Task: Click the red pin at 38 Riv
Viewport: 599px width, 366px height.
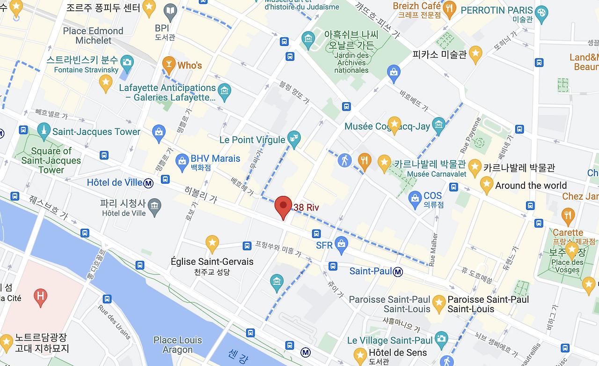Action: coord(283,206)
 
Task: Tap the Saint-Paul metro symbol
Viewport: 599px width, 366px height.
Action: coord(398,271)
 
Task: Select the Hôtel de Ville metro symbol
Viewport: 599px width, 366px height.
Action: coord(149,183)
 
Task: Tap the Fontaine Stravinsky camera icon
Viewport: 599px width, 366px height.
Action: coord(127,62)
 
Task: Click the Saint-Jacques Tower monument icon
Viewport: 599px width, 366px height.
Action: coord(44,131)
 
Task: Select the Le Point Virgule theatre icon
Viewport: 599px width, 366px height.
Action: coord(294,139)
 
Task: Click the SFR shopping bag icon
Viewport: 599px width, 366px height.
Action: coord(341,245)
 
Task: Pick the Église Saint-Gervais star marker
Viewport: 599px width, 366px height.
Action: coord(212,243)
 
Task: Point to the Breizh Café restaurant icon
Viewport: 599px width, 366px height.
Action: coord(449,9)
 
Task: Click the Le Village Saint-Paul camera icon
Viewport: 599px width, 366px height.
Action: coord(441,338)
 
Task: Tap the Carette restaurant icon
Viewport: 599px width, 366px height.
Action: coord(568,216)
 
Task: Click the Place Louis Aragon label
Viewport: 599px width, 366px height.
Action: coord(178,345)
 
